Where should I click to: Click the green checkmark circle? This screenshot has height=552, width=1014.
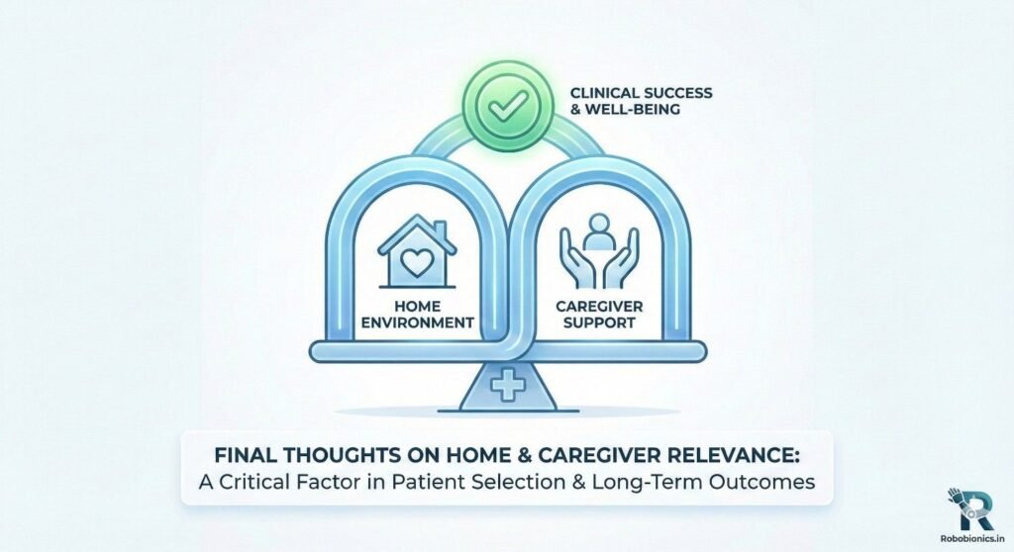click(508, 107)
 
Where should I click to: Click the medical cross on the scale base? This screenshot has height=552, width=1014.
click(508, 386)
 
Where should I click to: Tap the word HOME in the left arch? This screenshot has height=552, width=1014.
click(417, 306)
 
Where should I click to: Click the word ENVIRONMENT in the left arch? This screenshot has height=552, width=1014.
click(417, 322)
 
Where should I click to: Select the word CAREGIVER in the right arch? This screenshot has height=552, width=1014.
click(599, 306)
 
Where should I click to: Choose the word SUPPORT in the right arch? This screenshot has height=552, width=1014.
click(599, 322)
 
